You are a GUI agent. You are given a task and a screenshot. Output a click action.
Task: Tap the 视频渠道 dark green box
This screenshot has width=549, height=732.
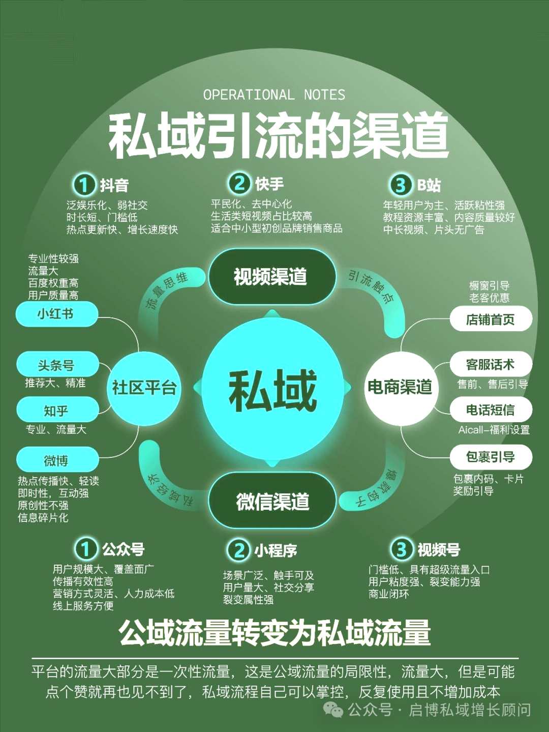click(271, 277)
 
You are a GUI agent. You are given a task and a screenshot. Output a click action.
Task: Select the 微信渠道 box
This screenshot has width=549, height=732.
click(272, 502)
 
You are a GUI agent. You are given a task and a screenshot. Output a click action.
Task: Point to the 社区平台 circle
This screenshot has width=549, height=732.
click(144, 388)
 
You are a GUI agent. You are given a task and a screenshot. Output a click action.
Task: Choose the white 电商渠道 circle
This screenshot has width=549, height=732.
click(400, 387)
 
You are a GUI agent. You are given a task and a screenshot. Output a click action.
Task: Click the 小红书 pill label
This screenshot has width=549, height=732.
click(56, 314)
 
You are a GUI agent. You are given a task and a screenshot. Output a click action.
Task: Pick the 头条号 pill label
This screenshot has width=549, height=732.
click(56, 365)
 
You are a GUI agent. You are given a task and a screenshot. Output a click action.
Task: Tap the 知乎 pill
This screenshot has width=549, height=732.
click(56, 410)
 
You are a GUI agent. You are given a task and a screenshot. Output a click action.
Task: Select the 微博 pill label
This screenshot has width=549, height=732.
click(56, 460)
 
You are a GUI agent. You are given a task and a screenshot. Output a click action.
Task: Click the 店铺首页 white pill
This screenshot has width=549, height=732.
click(491, 319)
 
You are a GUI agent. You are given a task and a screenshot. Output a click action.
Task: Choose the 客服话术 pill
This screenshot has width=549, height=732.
click(491, 365)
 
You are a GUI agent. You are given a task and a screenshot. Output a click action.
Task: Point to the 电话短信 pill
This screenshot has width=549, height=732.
click(491, 409)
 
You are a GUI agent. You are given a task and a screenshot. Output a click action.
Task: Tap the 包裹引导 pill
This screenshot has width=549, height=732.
click(491, 457)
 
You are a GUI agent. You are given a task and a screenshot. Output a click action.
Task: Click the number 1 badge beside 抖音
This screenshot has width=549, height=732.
click(84, 185)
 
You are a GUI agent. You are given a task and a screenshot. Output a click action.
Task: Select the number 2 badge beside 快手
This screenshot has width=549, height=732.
click(239, 183)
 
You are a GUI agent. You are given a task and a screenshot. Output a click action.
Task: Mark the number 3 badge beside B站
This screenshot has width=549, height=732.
click(401, 185)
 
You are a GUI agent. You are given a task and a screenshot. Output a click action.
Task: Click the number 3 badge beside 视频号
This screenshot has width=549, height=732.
click(402, 549)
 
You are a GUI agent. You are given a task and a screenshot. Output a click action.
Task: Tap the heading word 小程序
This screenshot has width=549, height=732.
click(276, 550)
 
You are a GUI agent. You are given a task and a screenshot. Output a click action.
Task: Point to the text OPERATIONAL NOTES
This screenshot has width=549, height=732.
click(274, 95)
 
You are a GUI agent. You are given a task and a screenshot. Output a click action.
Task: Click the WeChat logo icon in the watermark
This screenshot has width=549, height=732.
click(333, 709)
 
